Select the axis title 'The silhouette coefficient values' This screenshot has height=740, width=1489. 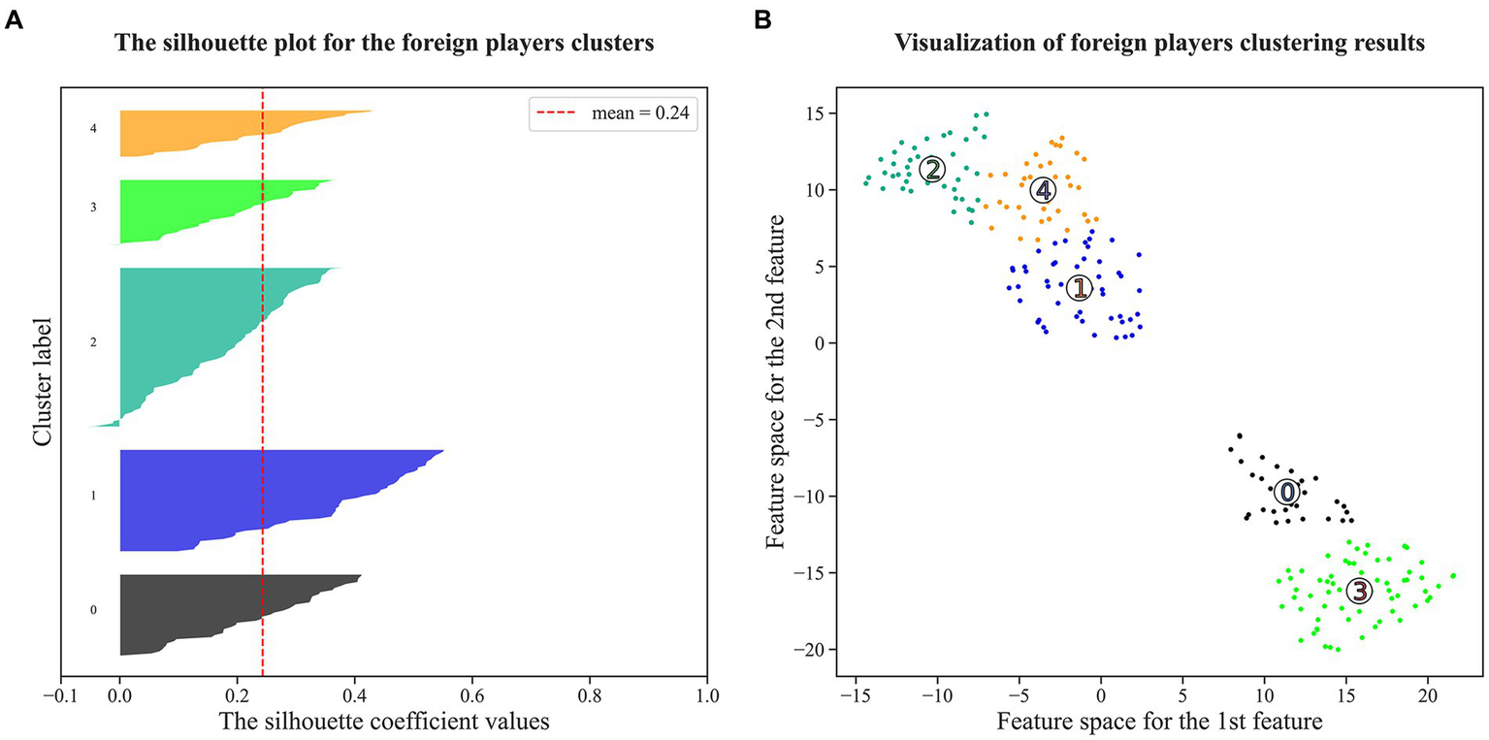pos(383,723)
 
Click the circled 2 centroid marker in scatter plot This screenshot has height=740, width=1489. pos(931,170)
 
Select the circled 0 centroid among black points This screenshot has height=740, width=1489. pos(1286,493)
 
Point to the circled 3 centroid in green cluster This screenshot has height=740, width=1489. pos(1360,591)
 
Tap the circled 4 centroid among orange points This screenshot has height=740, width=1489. pos(1042,190)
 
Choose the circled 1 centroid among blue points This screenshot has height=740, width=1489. pos(1079,288)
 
